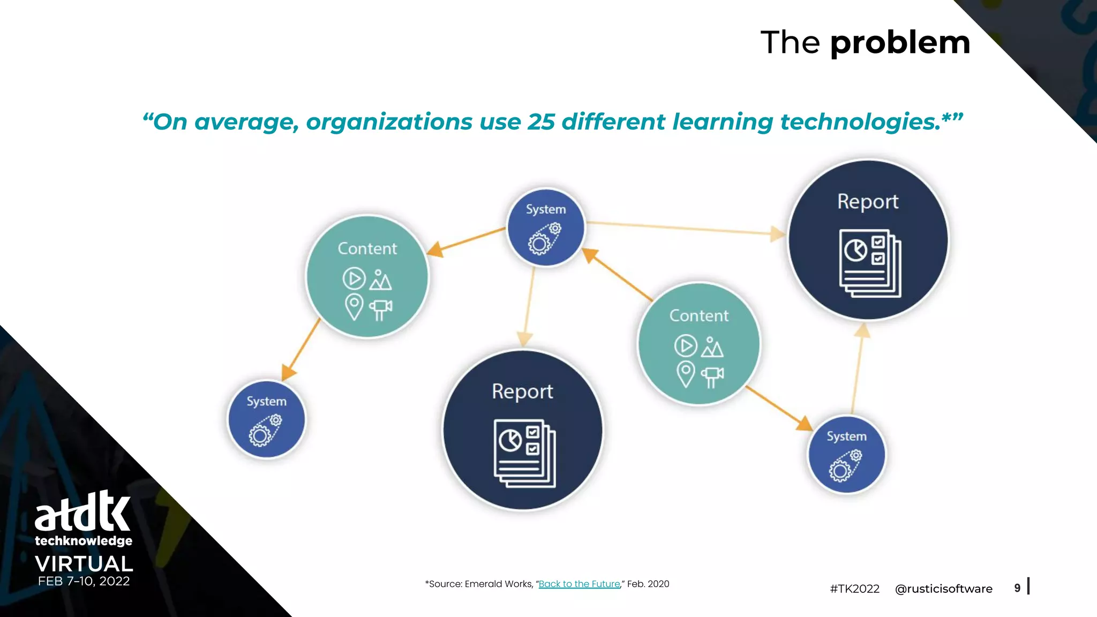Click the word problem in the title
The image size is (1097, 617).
coord(900,43)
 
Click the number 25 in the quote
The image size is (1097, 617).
coord(541,122)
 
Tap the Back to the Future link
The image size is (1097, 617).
coord(579,584)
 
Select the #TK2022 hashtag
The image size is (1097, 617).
coord(854,589)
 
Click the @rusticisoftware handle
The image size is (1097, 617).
coord(943,589)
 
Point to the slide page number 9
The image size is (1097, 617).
coord(1017,588)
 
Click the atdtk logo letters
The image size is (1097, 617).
coord(83,511)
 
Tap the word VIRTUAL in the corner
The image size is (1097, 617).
coord(84,563)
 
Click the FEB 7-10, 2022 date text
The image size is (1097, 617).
coord(84,581)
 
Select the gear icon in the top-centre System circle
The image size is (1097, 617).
coord(544,239)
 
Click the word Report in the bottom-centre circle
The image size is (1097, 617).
coord(522,392)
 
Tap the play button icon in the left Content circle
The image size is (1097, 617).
coord(354,279)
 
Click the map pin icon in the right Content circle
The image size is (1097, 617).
coord(686,374)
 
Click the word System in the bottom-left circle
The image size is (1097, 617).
coord(266,401)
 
